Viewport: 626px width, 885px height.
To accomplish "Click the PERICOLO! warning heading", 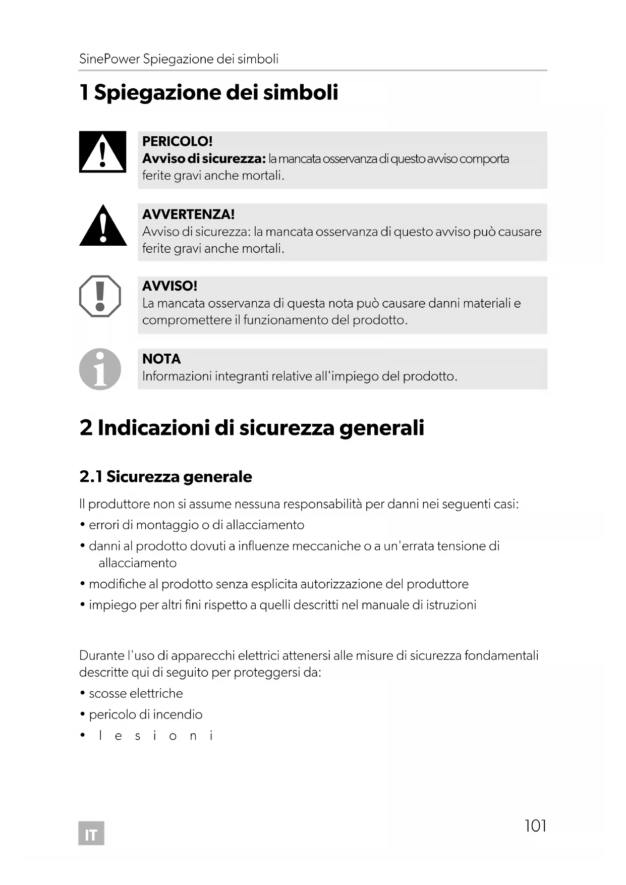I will pyautogui.click(x=177, y=141).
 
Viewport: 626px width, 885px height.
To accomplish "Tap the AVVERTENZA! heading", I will pyautogui.click(x=188, y=214).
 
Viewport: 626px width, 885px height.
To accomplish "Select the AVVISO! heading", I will pyautogui.click(x=169, y=286).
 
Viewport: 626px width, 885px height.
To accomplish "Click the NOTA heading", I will pyautogui.click(x=161, y=359).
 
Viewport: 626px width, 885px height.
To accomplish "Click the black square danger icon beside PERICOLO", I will pyautogui.click(x=102, y=152).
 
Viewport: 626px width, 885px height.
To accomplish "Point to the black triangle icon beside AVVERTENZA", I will pyautogui.click(x=103, y=227).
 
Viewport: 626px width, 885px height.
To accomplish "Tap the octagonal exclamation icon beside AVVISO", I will pyautogui.click(x=100, y=296).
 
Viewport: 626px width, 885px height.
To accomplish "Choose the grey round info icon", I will pyautogui.click(x=100, y=369).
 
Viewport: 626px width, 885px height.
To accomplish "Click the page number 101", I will pyautogui.click(x=535, y=825).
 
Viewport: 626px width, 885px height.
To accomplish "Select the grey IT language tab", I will pyautogui.click(x=91, y=835).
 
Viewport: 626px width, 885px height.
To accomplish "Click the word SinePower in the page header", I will pyautogui.click(x=109, y=59).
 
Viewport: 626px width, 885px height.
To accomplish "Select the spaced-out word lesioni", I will pyautogui.click(x=156, y=736).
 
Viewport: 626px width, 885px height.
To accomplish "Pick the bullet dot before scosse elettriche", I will pyautogui.click(x=82, y=694).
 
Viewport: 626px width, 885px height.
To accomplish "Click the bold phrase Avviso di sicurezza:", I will pyautogui.click(x=204, y=159).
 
